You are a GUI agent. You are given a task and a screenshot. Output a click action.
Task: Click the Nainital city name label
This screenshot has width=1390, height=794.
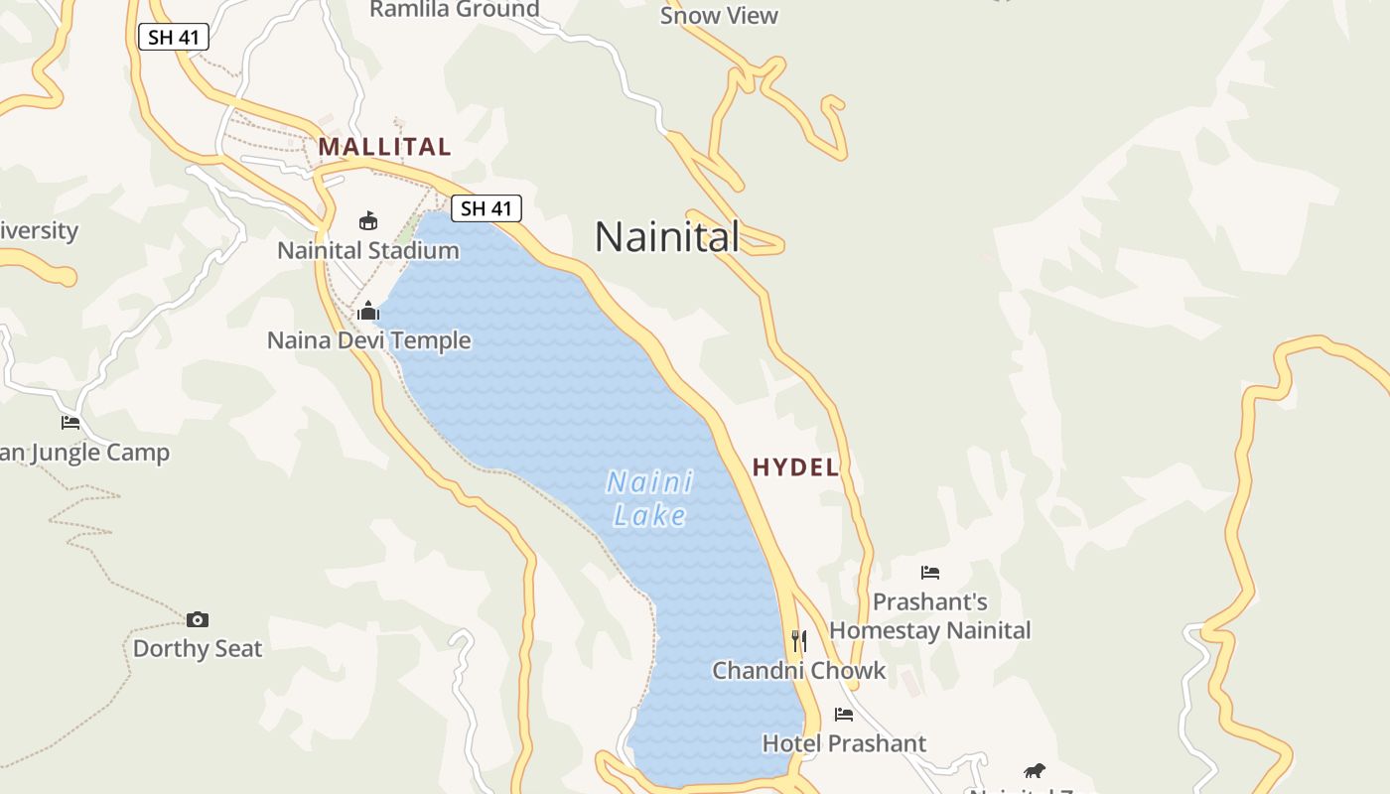tap(667, 237)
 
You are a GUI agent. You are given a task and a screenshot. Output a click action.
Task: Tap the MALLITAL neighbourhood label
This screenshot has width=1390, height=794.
tap(384, 147)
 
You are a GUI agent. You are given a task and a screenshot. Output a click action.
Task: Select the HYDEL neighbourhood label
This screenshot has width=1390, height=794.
tap(795, 467)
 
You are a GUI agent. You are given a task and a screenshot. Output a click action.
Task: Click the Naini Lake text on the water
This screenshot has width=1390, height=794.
tap(650, 499)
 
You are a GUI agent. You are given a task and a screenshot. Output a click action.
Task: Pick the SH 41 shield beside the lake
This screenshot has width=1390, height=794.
tap(486, 208)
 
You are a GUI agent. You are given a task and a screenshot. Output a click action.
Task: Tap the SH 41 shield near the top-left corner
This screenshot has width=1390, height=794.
tap(173, 38)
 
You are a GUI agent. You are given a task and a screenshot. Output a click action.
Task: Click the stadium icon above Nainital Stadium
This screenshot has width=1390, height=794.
tap(368, 220)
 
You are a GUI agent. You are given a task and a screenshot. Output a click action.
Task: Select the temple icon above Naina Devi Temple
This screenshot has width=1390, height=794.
tap(368, 312)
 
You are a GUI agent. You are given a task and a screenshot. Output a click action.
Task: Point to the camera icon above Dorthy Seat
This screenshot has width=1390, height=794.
tap(198, 619)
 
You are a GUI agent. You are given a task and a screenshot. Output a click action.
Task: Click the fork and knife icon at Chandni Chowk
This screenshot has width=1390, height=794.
tap(799, 641)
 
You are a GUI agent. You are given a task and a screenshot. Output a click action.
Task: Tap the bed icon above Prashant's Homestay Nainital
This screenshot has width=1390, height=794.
tap(930, 572)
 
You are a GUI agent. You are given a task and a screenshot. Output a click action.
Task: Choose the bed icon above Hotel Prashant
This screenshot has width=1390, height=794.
tap(844, 714)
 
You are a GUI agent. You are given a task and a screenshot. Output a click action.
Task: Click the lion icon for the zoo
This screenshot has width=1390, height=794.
tap(1035, 770)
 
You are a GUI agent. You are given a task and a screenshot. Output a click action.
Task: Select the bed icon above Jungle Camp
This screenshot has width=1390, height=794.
tap(70, 423)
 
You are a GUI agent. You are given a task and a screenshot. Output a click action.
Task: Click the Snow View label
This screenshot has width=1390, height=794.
tap(719, 16)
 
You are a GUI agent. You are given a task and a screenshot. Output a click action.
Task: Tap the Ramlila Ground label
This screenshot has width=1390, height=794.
tap(455, 10)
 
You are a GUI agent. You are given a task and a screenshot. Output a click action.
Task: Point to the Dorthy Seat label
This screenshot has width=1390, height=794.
tap(198, 649)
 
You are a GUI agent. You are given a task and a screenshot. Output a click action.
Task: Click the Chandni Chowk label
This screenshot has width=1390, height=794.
tap(799, 671)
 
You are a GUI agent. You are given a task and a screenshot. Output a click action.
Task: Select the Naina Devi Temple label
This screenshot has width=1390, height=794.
tap(369, 340)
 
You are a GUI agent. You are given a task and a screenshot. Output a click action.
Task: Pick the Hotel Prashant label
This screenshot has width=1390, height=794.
tap(844, 743)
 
